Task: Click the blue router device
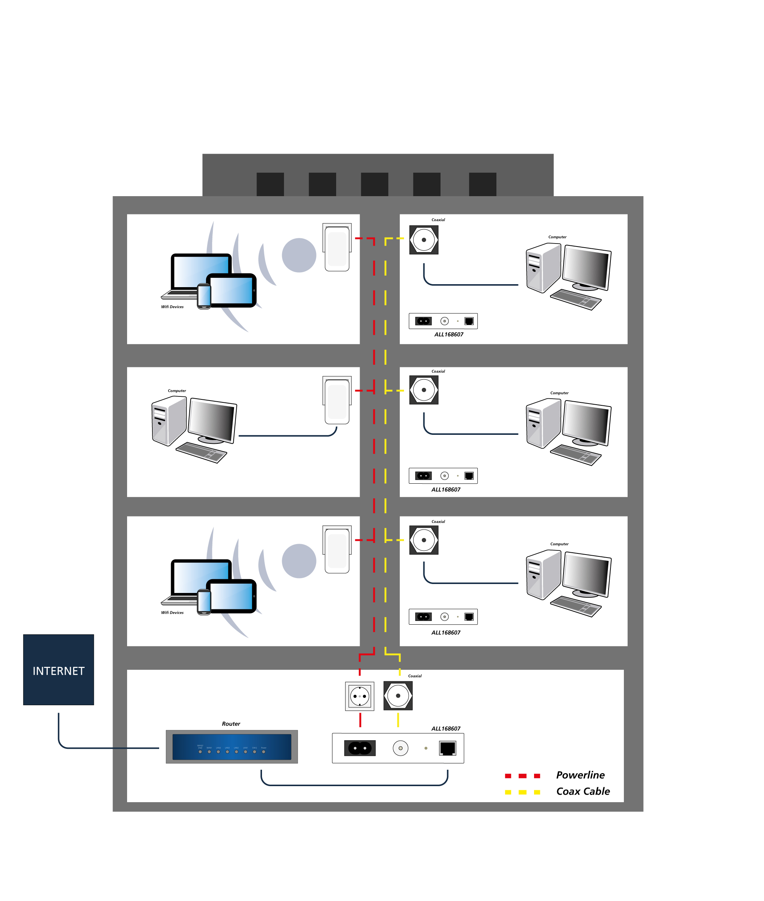coord(232,746)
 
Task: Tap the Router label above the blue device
coord(231,724)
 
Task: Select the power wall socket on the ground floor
coord(360,696)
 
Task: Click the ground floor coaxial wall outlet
coord(398,696)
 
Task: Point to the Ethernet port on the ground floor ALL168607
coord(447,748)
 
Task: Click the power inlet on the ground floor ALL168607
coord(360,748)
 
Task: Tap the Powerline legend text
coord(580,775)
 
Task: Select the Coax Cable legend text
coord(583,791)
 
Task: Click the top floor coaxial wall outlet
coord(424,240)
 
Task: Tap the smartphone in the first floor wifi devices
coord(204,602)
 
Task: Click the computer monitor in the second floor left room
coord(212,420)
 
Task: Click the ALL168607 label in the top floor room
coord(449,335)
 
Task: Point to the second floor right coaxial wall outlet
coord(424,390)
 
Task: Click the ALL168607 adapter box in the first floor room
coord(443,616)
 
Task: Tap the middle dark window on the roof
coord(374,184)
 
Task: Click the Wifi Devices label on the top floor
coord(173,307)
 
